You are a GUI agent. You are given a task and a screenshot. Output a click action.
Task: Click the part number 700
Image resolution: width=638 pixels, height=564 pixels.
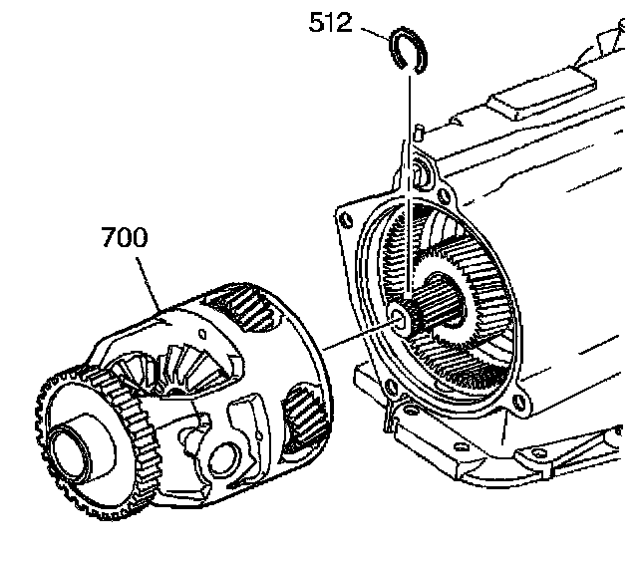(125, 239)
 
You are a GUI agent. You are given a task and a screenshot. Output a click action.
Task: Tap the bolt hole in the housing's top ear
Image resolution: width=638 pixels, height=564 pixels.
(420, 176)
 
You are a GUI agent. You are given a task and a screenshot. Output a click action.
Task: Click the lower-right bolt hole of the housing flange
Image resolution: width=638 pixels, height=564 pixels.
(516, 405)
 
